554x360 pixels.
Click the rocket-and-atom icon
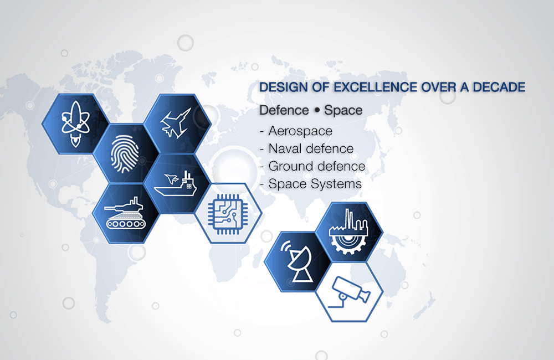point(75,124)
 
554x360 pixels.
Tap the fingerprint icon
point(125,155)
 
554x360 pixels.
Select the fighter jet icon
point(176,123)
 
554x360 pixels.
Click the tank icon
point(125,213)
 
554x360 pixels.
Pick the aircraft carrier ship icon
point(175,184)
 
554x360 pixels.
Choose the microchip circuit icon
point(228,214)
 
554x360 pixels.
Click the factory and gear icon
point(348,232)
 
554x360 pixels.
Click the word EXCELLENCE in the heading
point(376,87)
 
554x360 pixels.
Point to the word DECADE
point(499,87)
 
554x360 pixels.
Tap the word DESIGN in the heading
point(284,87)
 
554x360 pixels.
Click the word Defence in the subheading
point(284,110)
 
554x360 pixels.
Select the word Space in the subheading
point(343,111)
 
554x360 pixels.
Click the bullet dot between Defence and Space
point(316,111)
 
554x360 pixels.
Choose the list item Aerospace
point(300,131)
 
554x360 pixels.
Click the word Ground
point(291,166)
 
